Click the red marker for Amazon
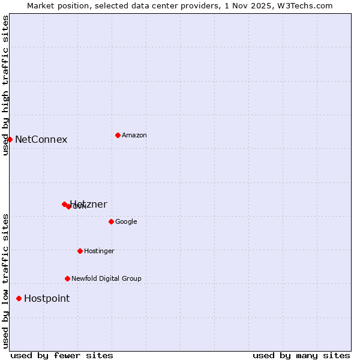(x=118, y=135)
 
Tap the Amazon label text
(x=134, y=136)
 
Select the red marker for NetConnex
(x=10, y=139)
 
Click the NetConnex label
(x=41, y=140)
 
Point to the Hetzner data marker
(x=64, y=204)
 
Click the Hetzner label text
(x=89, y=205)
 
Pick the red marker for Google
(x=111, y=221)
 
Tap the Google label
(x=126, y=222)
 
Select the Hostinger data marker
(x=80, y=251)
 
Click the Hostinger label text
(x=99, y=251)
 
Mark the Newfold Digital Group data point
(x=67, y=278)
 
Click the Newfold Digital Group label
(x=106, y=279)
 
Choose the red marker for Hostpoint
(x=19, y=298)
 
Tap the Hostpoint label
(x=47, y=299)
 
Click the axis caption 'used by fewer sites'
(x=62, y=355)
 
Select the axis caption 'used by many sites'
(x=301, y=355)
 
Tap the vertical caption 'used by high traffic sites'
(x=5, y=85)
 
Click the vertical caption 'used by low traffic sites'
(x=5, y=280)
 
